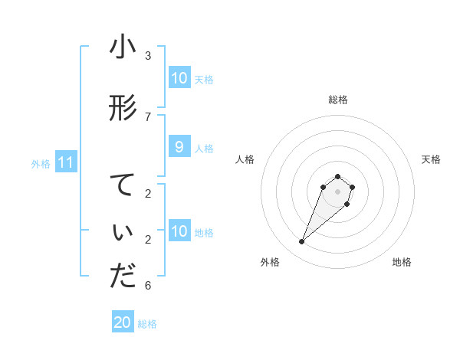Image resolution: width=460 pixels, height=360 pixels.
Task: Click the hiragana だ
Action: coord(123,277)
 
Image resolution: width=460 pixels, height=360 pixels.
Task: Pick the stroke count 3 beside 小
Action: coord(148,55)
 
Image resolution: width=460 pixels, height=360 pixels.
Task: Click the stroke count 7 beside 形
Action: coord(148,116)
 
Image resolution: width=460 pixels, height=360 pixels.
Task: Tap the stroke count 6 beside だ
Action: coord(148,286)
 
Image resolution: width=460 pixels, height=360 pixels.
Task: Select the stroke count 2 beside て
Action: coord(148,193)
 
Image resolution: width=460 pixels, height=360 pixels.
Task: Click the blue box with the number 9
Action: coord(179,147)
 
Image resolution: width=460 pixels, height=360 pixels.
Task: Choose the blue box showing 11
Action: coord(65,162)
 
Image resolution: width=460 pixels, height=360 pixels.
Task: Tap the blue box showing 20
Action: coord(123,322)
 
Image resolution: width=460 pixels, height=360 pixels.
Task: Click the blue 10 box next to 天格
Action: coord(179,78)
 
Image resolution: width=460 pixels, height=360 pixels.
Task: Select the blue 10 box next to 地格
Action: coord(179,231)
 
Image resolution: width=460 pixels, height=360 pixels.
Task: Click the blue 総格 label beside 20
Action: coord(147,324)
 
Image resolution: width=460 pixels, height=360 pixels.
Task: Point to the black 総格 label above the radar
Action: coord(337,100)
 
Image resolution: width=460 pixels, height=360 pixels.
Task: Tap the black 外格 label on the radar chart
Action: coord(270,262)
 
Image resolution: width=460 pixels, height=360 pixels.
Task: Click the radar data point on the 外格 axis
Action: coord(301,242)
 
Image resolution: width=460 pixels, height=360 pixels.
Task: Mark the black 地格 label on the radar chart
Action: coord(402,262)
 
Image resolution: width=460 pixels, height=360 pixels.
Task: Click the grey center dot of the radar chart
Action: coord(337,191)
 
